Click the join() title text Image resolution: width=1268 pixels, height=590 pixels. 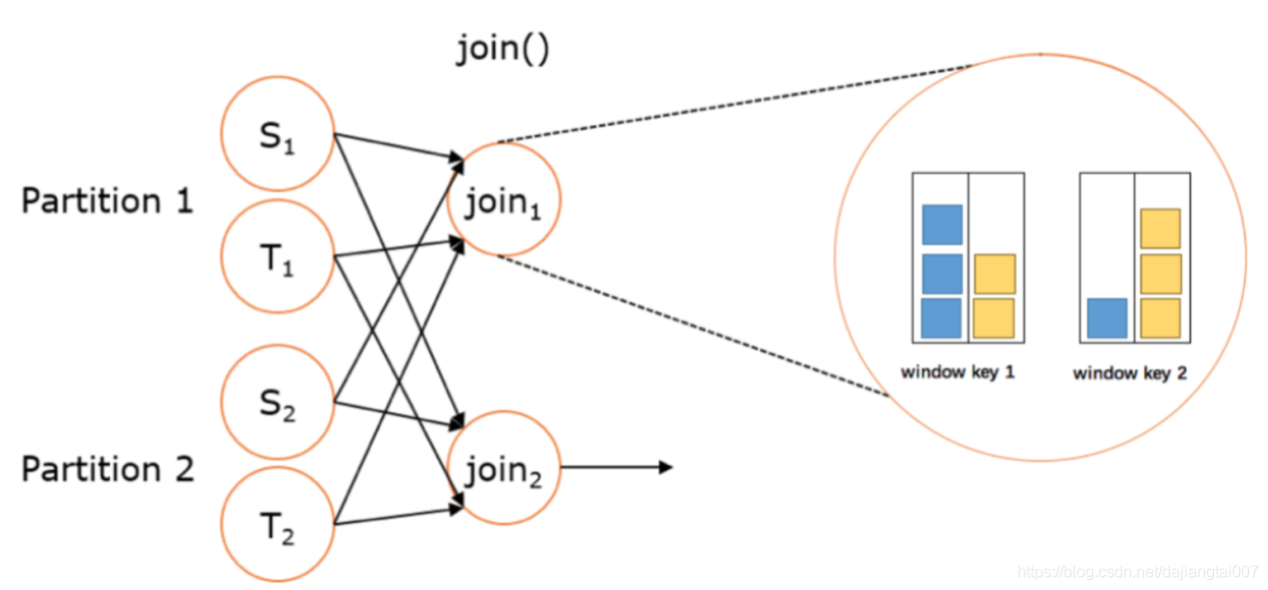point(502,49)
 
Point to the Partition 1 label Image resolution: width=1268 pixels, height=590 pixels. point(108,201)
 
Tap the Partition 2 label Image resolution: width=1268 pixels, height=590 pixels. point(108,469)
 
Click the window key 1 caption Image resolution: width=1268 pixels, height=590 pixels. point(957,372)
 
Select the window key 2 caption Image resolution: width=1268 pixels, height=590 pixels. point(1130,373)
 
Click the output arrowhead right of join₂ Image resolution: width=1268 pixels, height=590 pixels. point(666,467)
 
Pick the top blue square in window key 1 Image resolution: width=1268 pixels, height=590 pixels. point(942,225)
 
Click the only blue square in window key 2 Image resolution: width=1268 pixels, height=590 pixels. point(1107,318)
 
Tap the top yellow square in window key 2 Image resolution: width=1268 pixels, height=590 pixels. point(1160,229)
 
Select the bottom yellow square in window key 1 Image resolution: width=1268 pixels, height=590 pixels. point(994,318)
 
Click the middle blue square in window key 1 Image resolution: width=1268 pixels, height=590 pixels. point(942,275)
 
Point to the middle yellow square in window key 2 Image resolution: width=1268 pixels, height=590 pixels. point(1160,275)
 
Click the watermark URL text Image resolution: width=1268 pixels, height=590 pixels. point(1138,572)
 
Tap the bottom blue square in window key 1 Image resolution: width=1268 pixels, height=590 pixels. point(942,318)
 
